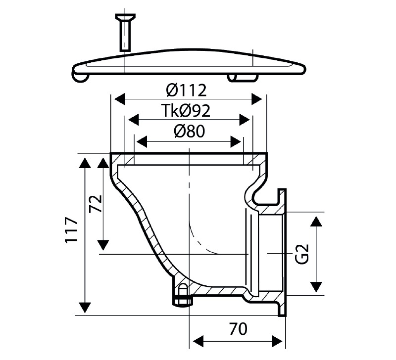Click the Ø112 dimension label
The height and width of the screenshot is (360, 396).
tap(187, 90)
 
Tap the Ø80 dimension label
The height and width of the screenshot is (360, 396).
tap(189, 132)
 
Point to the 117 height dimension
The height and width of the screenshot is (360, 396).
tap(71, 229)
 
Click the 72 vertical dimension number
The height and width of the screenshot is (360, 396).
tap(96, 204)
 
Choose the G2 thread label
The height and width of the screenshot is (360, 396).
tap(302, 254)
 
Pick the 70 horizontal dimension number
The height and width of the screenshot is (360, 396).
tap(239, 329)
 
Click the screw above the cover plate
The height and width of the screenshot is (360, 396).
tap(125, 33)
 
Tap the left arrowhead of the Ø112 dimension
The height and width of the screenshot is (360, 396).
tap(120, 99)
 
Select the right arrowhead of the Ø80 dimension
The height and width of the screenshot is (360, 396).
tap(236, 142)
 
